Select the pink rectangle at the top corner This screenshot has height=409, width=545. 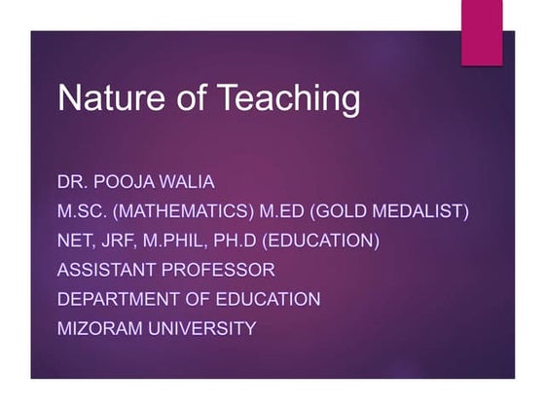(482, 33)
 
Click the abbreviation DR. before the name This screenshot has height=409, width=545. (74, 182)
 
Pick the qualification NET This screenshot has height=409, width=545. (77, 241)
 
